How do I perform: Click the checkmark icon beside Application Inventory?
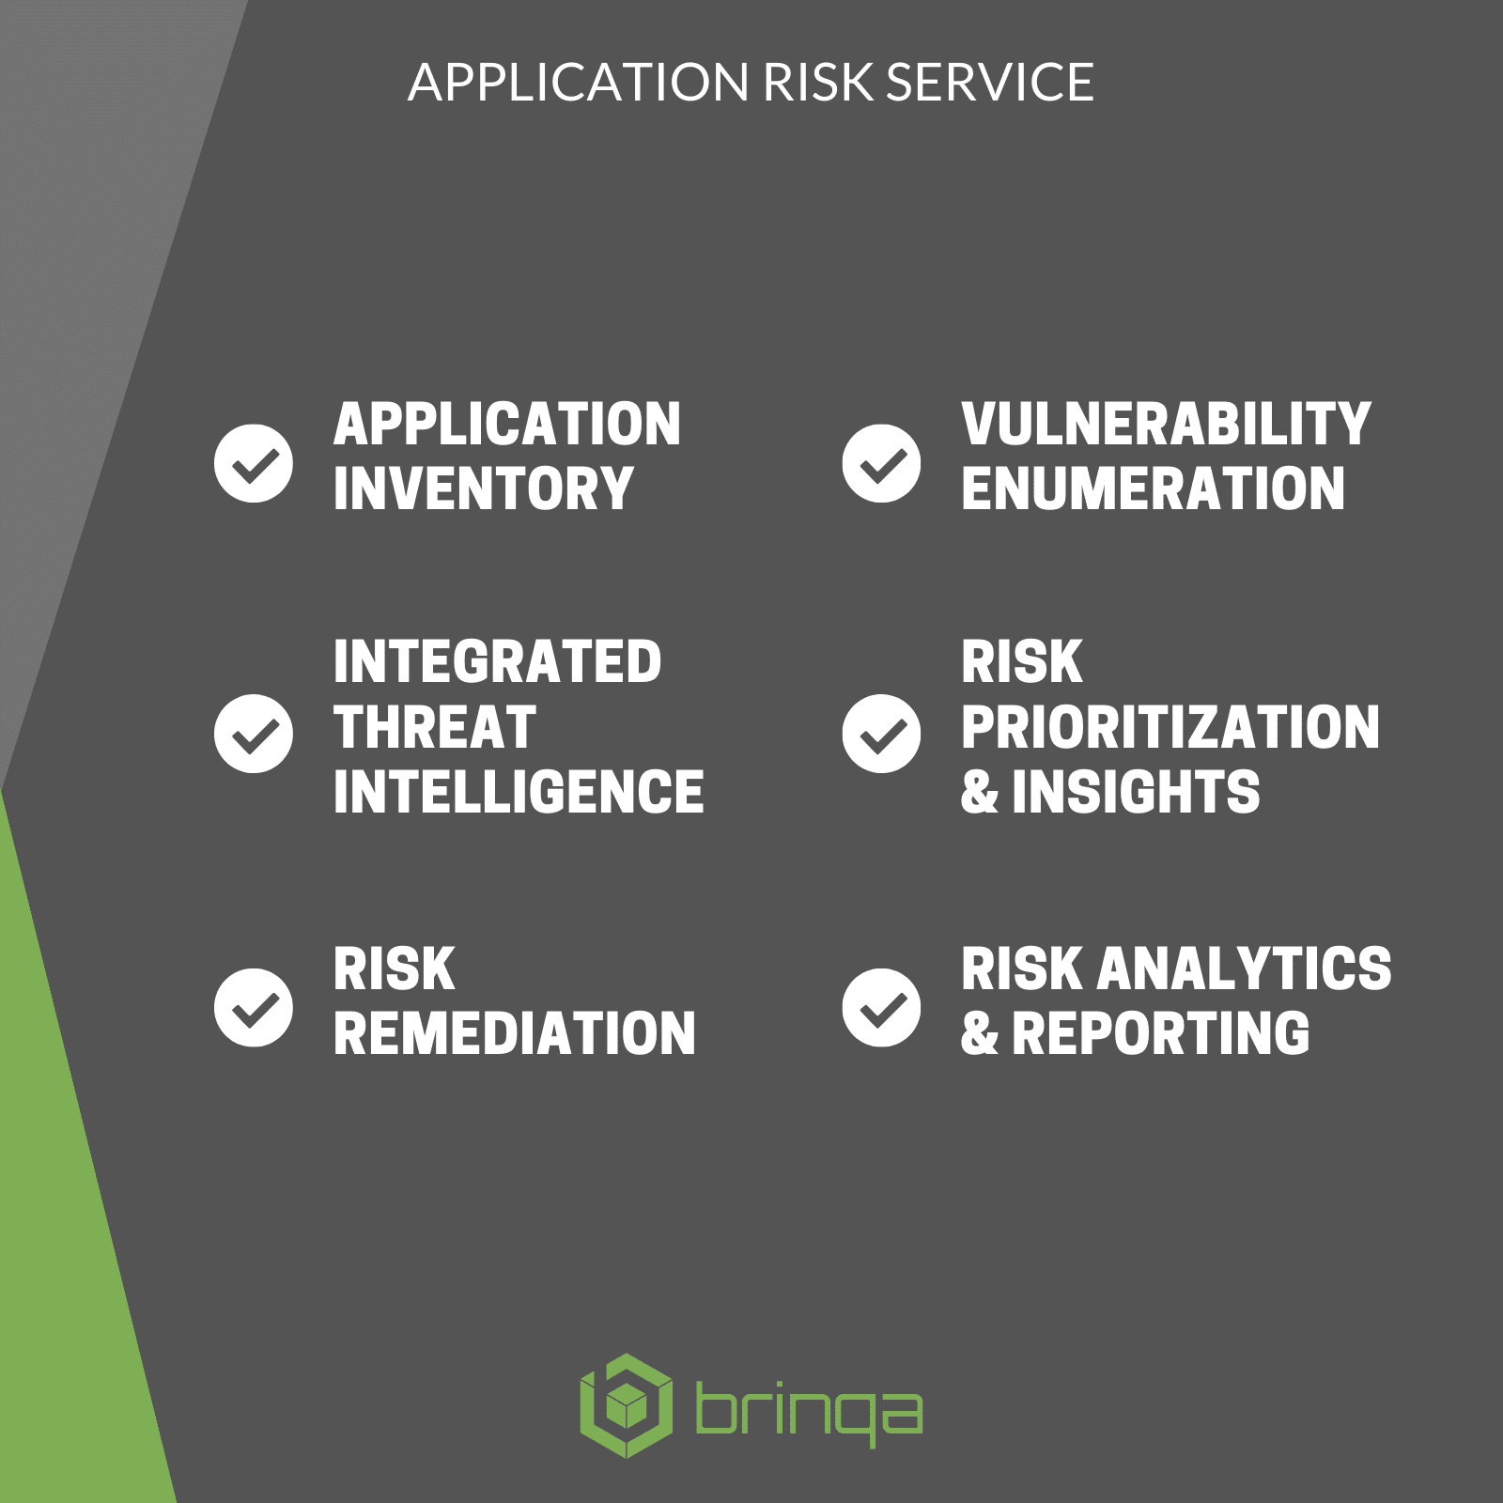pyautogui.click(x=254, y=463)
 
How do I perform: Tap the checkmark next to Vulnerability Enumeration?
pyautogui.click(x=881, y=463)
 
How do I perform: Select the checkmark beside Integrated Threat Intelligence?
pyautogui.click(x=254, y=734)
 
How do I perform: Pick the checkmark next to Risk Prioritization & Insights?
pyautogui.click(x=881, y=734)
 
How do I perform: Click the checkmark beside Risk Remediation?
pyautogui.click(x=254, y=1007)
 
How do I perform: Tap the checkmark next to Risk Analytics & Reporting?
pyautogui.click(x=881, y=1007)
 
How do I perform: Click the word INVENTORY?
pyautogui.click(x=484, y=488)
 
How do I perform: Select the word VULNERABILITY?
pyautogui.click(x=1167, y=424)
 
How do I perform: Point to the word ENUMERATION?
pyautogui.click(x=1154, y=488)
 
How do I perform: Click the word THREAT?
pyautogui.click(x=435, y=727)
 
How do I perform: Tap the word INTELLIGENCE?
pyautogui.click(x=519, y=791)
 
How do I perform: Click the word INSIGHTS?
pyautogui.click(x=1137, y=791)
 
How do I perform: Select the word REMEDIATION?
pyautogui.click(x=515, y=1033)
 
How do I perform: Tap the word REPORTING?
pyautogui.click(x=1161, y=1033)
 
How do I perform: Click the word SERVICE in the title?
pyautogui.click(x=990, y=83)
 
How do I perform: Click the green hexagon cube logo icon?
pyautogui.click(x=627, y=1405)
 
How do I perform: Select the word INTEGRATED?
pyautogui.click(x=498, y=662)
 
